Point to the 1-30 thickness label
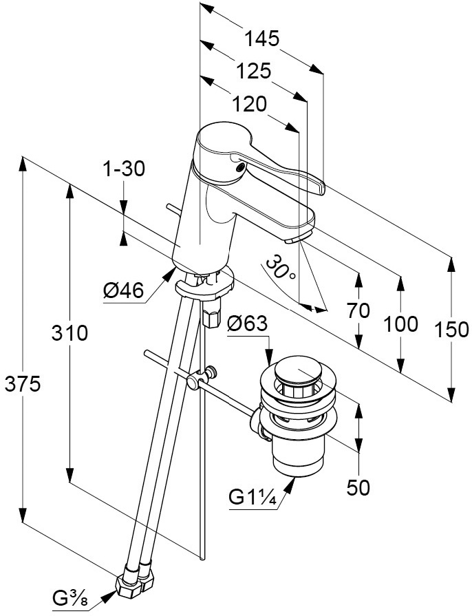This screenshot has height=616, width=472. (125, 169)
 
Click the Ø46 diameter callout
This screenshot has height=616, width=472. (123, 292)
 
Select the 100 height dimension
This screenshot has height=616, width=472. (401, 323)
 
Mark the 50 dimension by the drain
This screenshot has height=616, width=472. (358, 487)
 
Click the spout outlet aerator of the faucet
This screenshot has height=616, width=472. (294, 240)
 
